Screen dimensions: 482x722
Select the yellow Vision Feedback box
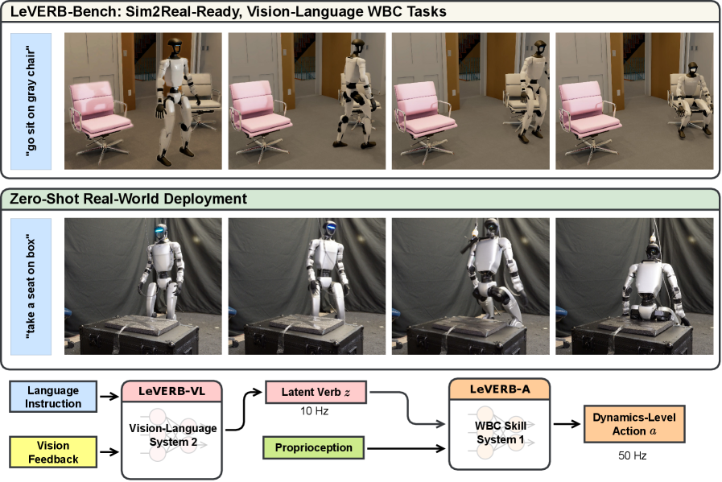53,452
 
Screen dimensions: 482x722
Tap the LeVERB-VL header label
171,391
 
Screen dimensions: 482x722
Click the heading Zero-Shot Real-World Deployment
128,198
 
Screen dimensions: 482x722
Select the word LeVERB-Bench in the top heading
52,12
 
